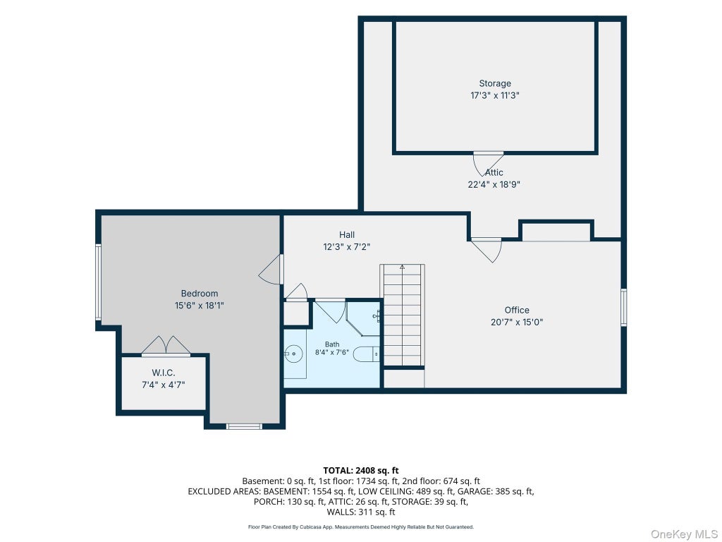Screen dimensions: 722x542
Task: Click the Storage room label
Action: click(495, 83)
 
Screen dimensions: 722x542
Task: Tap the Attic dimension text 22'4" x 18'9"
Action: click(494, 184)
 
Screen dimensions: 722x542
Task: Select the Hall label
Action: click(347, 234)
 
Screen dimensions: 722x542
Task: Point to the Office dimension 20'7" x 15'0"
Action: click(517, 322)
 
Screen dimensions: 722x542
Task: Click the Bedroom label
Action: click(200, 294)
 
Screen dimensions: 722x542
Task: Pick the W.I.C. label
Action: click(164, 373)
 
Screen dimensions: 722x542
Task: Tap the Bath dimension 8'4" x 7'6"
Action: click(332, 353)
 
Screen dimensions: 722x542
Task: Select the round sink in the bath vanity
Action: click(293, 354)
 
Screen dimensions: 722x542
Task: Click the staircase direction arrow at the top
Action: click(402, 267)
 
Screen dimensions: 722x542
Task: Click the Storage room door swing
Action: click(488, 164)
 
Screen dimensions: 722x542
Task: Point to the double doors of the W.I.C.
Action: click(165, 346)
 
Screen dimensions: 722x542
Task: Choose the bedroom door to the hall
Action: click(271, 270)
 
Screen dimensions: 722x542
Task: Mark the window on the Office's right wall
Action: click(623, 308)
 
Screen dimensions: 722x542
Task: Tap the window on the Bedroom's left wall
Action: click(98, 282)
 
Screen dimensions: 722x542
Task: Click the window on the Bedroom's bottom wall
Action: click(245, 426)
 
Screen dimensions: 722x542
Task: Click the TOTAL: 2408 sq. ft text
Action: click(361, 471)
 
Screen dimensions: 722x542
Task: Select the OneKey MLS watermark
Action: click(684, 534)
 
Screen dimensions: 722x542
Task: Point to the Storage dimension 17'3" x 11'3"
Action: click(495, 95)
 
